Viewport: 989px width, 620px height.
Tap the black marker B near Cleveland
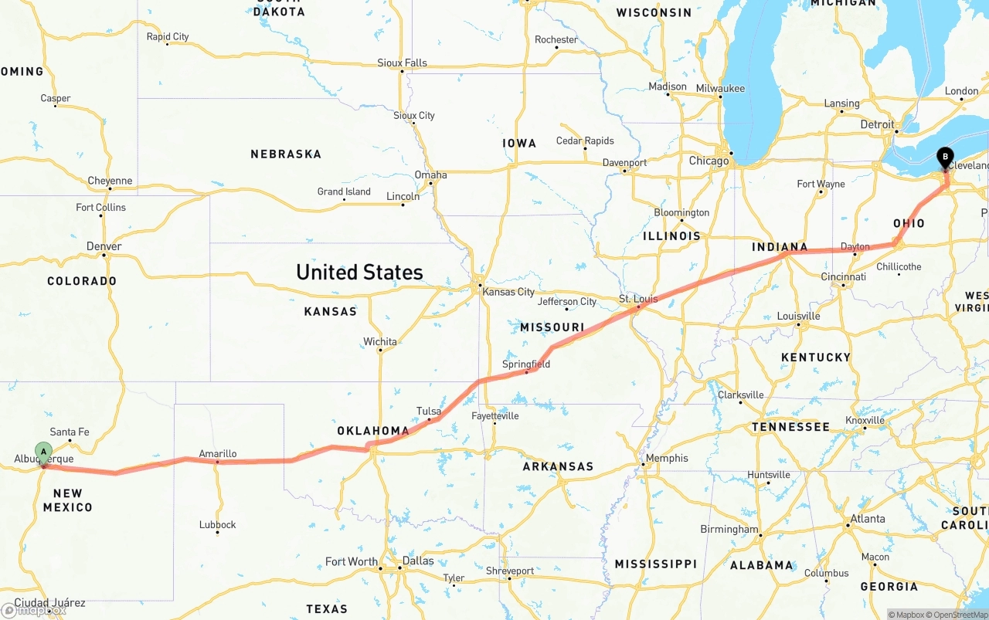pos(944,157)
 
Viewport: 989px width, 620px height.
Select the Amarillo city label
pos(217,454)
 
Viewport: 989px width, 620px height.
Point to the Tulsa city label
pos(429,411)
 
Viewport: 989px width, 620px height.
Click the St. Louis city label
pos(637,299)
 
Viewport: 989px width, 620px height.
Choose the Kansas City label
pos(508,292)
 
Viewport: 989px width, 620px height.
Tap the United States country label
pos(359,272)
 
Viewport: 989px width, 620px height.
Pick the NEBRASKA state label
pos(286,154)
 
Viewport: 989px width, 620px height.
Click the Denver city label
pos(104,246)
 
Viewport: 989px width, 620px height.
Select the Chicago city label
pos(709,161)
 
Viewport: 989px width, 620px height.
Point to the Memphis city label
pos(666,458)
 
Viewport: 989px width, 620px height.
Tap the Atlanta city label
pos(867,519)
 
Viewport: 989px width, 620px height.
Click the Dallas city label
pos(417,561)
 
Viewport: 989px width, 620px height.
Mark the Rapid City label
pos(168,36)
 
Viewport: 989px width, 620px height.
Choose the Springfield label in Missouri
pos(526,364)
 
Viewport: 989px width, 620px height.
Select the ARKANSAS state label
pos(558,466)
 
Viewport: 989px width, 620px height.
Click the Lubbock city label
pos(217,524)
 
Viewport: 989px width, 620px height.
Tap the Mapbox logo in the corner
pos(34,610)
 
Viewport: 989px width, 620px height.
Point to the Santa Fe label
pos(70,432)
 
